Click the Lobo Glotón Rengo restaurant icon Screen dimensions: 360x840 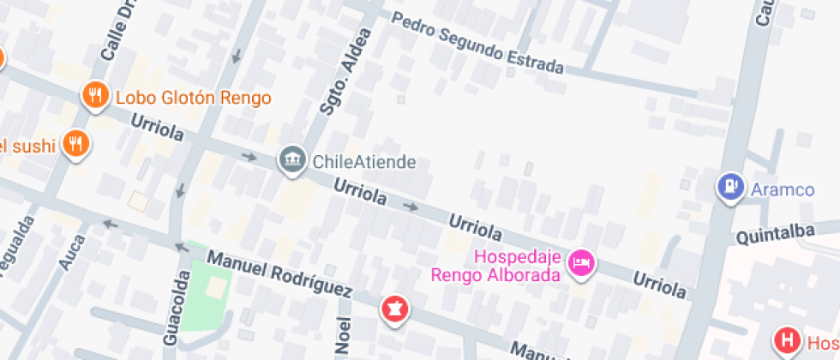point(94,96)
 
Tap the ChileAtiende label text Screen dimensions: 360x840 point(364,161)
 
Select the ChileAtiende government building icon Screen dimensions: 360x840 point(292,159)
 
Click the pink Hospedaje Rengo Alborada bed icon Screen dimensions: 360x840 point(581,263)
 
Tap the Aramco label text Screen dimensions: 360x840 point(783,189)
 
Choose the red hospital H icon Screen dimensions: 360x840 point(785,340)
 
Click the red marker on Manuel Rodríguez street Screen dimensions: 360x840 point(395,309)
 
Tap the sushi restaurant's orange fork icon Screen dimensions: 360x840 point(76,144)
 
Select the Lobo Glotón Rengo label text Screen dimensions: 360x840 point(193,97)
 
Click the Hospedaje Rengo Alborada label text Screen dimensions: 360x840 point(495,266)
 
